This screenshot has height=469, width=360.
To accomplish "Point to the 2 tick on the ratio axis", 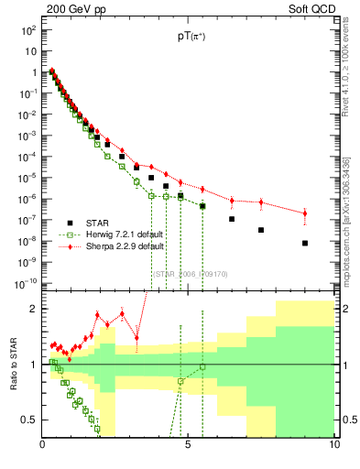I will [33, 309].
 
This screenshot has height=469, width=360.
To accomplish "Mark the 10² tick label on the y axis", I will [28, 29].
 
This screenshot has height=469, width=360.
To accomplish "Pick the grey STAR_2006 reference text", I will [190, 272].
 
